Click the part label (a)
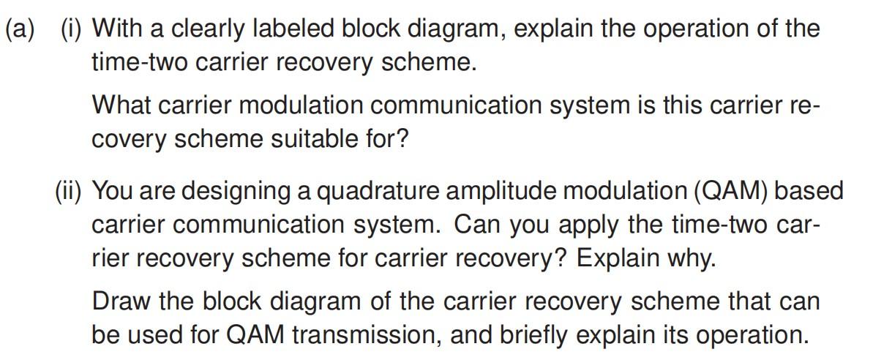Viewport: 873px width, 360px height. coord(21,30)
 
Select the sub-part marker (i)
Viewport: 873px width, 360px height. coord(71,30)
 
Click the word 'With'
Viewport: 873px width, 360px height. coord(116,29)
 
